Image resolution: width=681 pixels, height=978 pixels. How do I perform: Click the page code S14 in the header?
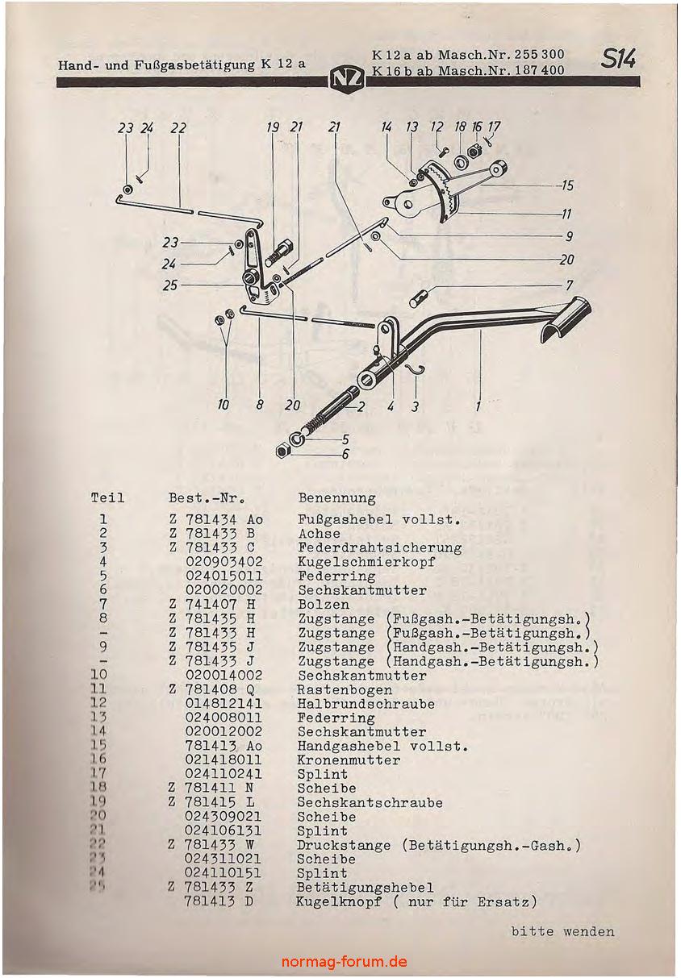click(x=619, y=60)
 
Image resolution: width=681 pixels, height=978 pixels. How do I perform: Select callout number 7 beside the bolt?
click(x=569, y=285)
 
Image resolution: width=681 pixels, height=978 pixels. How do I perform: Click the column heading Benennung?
click(x=336, y=498)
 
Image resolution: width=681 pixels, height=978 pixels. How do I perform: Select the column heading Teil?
click(x=108, y=498)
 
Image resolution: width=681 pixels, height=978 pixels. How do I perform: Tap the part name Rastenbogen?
click(x=345, y=689)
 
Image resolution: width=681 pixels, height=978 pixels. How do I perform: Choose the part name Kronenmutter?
click(x=349, y=760)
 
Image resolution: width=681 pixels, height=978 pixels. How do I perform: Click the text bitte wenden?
click(x=562, y=932)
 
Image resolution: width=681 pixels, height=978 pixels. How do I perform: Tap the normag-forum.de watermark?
click(x=345, y=962)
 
